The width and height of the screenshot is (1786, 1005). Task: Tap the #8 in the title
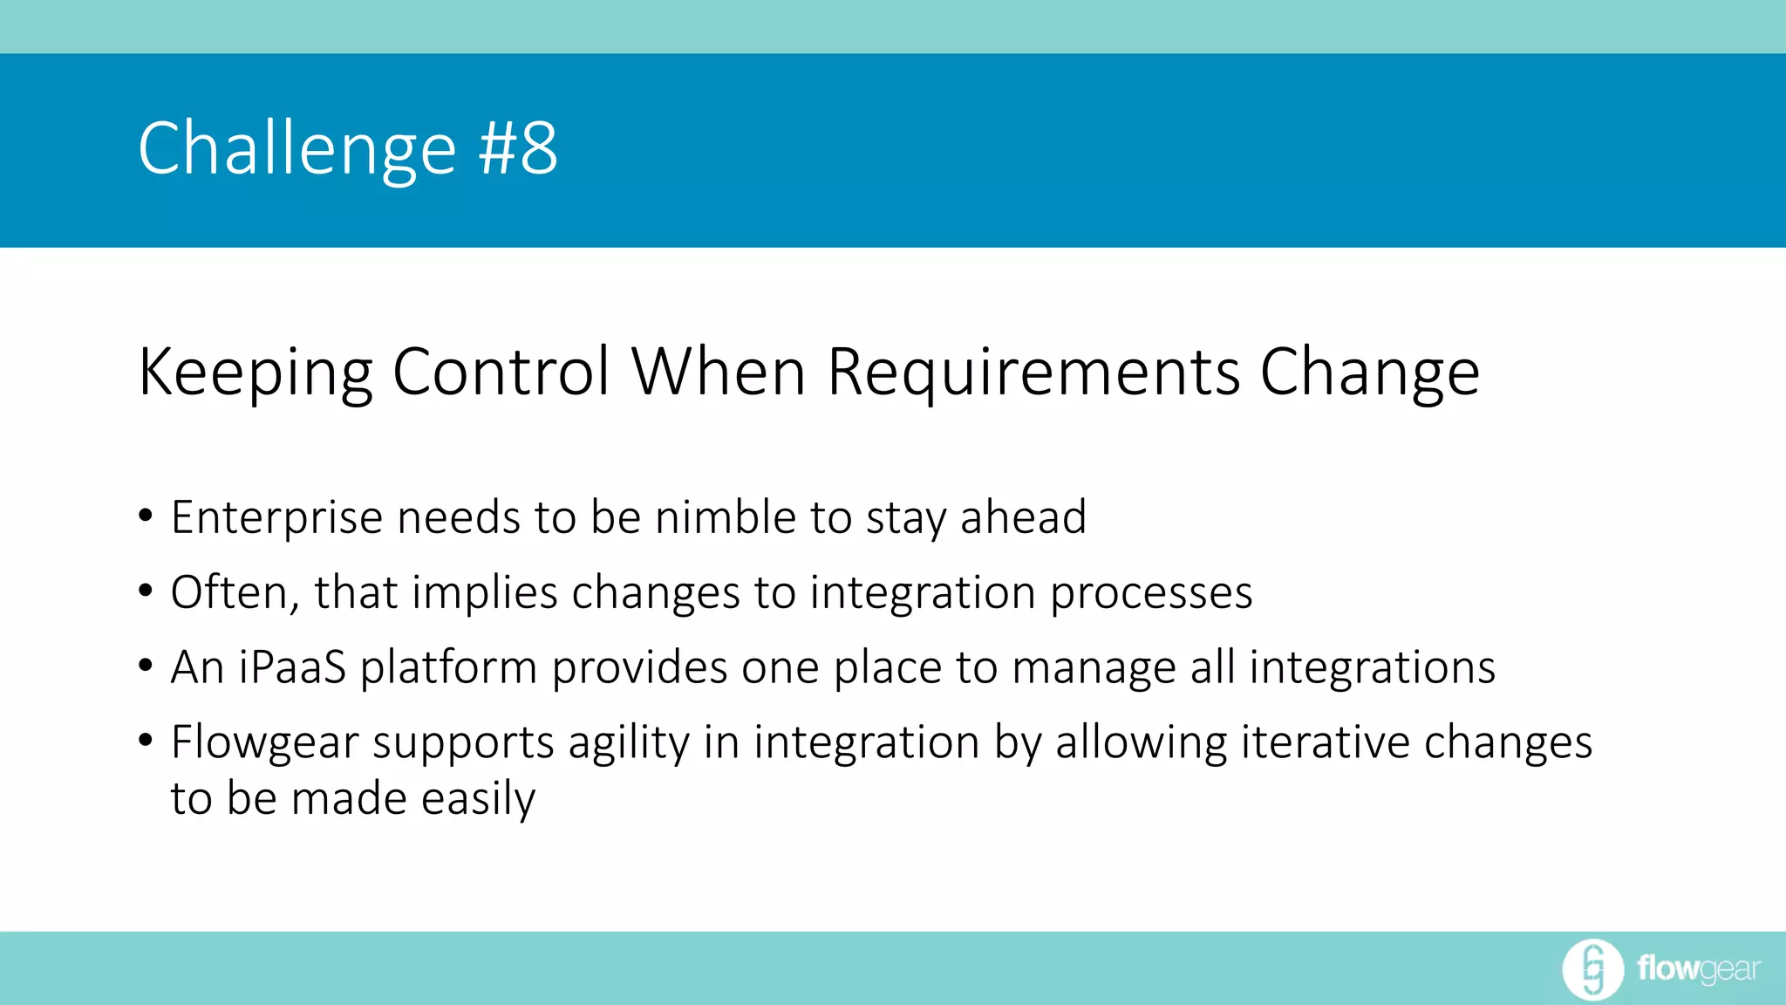tap(518, 148)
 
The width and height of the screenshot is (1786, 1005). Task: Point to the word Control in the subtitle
tap(501, 372)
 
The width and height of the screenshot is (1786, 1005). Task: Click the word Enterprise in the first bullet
tap(276, 518)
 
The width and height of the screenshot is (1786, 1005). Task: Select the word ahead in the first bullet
tap(1023, 516)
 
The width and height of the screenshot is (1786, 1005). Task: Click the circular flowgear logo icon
tap(1592, 969)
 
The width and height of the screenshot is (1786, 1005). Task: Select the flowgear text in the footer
tap(1698, 969)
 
